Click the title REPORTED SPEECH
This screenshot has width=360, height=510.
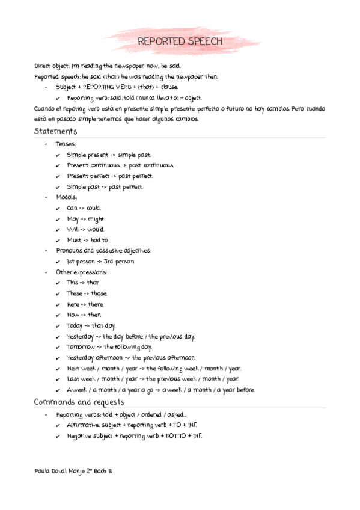(180, 41)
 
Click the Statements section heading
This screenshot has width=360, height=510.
(55, 131)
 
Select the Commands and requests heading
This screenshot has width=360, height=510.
(79, 402)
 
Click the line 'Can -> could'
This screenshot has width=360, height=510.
(84, 208)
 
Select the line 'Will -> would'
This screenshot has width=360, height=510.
(85, 229)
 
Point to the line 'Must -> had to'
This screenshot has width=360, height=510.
(87, 240)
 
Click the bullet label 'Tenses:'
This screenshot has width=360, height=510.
(66, 144)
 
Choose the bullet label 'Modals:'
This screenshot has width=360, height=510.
(67, 197)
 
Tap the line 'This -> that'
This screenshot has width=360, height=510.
(83, 283)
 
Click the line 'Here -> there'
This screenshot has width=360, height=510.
(85, 304)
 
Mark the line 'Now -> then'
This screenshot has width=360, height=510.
(84, 315)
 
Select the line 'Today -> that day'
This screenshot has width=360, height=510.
(91, 325)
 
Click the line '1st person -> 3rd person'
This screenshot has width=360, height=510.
(100, 262)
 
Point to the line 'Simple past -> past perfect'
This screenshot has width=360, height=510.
(105, 187)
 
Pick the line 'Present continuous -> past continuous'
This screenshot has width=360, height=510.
(120, 165)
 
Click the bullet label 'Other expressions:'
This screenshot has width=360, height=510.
(82, 272)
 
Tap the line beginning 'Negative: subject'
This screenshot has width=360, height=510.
(134, 435)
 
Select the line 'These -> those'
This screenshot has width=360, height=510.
(87, 293)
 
